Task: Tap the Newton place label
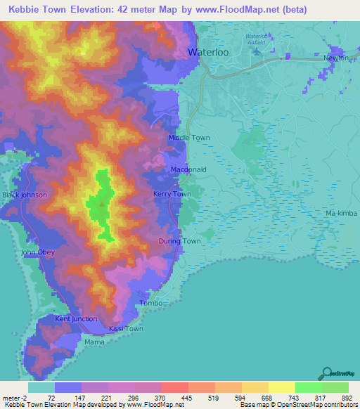(x=336, y=59)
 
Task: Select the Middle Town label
(x=188, y=138)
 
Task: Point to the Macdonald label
(x=188, y=170)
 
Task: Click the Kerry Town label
(x=172, y=194)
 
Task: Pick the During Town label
(x=179, y=241)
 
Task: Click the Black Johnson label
(x=25, y=195)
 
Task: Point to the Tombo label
(x=151, y=303)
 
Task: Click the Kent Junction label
(x=76, y=319)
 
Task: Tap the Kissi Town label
(x=126, y=329)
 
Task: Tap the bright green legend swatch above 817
(x=308, y=387)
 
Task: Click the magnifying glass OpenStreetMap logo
(x=326, y=375)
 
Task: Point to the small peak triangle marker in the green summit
(x=102, y=205)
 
